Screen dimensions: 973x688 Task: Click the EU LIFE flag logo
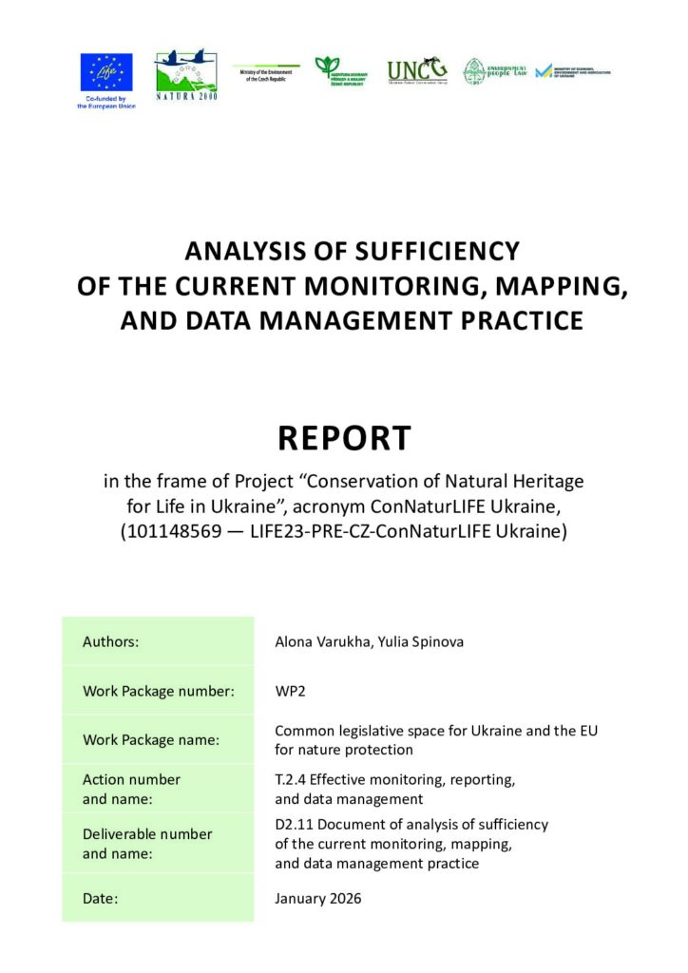[x=106, y=70]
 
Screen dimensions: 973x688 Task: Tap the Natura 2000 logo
[x=186, y=74]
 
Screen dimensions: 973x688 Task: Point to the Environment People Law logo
[x=494, y=71]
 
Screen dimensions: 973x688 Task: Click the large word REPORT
[x=344, y=438]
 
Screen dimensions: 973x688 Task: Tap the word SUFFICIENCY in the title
[x=437, y=251]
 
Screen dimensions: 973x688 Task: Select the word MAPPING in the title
[x=555, y=286]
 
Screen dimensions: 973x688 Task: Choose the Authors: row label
[x=111, y=641]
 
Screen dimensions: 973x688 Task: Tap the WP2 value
[x=290, y=691]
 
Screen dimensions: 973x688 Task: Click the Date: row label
[x=101, y=898]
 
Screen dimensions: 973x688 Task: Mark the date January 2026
[x=318, y=898]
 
